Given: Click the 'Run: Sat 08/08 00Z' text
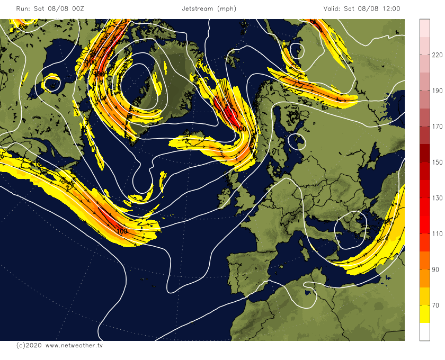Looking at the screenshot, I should click(x=46, y=8).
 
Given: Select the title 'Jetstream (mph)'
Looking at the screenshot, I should click(x=209, y=8).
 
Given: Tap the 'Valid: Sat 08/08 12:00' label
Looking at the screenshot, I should click(x=362, y=8).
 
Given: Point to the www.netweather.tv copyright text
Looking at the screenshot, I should click(x=59, y=345).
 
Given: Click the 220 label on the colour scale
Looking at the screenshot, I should click(x=437, y=55).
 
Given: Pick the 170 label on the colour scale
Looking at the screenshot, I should click(x=437, y=127).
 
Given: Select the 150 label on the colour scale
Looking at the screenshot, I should click(x=437, y=163).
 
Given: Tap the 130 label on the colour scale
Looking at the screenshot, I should click(x=437, y=198).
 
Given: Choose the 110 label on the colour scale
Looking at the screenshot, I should click(x=437, y=234).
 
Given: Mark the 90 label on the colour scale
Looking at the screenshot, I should click(x=437, y=270).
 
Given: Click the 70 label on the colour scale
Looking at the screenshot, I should click(x=437, y=305).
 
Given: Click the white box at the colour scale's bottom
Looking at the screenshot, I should click(x=424, y=331).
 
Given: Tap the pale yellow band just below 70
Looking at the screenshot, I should click(x=424, y=314).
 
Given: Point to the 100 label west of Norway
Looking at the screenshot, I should click(x=241, y=129).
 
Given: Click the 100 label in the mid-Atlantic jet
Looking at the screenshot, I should click(x=121, y=231).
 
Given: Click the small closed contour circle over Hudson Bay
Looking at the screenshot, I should click(x=52, y=83).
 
